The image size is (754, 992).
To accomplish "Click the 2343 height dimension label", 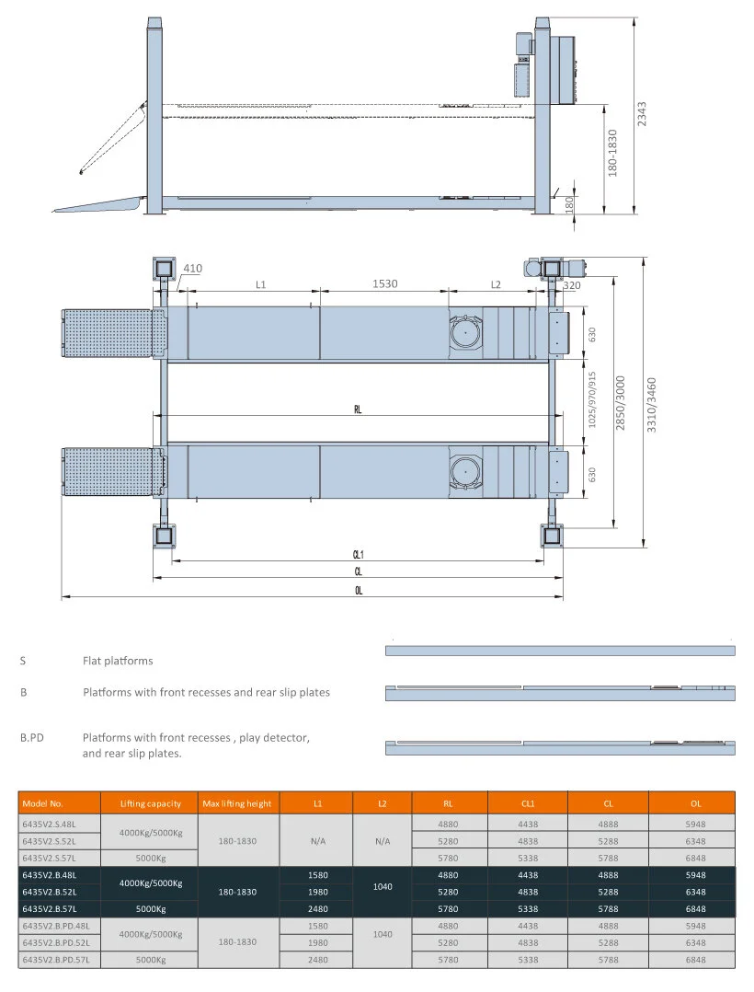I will click(642, 117).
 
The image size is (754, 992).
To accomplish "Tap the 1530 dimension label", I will click(384, 284).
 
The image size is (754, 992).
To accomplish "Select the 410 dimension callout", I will click(191, 269).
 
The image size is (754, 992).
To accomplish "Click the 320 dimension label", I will click(571, 285).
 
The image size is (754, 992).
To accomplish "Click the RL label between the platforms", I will click(358, 410).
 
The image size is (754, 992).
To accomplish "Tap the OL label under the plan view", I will click(358, 591).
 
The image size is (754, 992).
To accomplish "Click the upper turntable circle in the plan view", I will click(468, 332).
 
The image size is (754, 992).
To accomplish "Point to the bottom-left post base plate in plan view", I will click(164, 536).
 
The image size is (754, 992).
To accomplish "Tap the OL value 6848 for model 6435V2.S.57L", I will click(695, 858).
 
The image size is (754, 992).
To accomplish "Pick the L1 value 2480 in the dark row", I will click(317, 908).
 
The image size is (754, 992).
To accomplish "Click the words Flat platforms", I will click(118, 661).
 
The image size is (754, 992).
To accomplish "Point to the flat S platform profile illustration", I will click(559, 651).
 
